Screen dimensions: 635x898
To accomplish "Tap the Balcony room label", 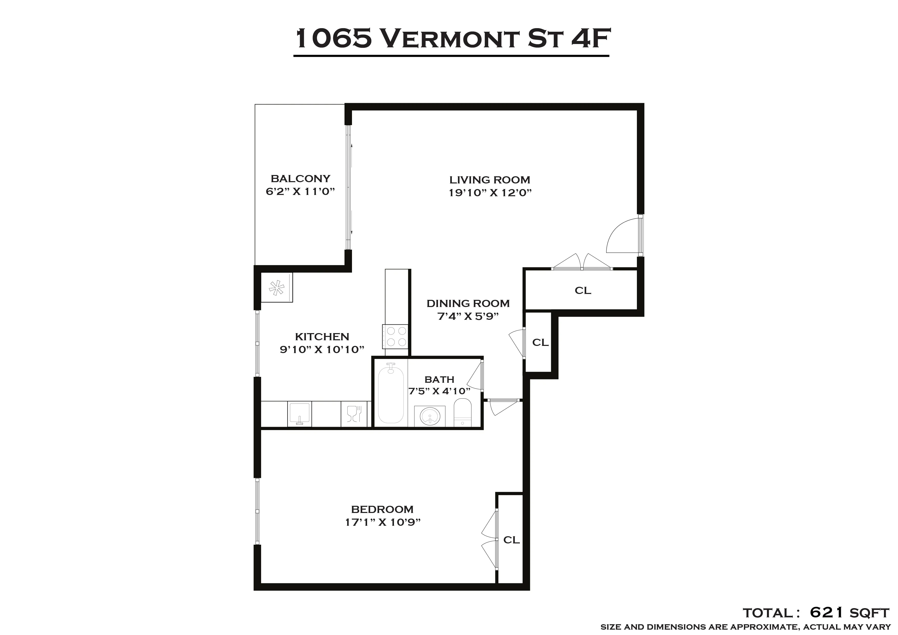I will (x=300, y=179).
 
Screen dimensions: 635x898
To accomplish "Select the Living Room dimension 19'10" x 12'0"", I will (x=490, y=193).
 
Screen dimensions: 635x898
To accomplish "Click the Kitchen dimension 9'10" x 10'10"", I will (x=322, y=349).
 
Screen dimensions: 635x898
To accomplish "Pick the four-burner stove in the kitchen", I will (x=396, y=337).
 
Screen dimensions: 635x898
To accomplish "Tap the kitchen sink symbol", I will (x=300, y=414).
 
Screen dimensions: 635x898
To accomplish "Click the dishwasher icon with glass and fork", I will (x=354, y=414).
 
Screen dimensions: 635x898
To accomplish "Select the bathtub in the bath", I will (x=391, y=393).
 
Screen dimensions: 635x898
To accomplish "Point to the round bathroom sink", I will (x=430, y=416).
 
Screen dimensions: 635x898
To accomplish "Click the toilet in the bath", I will (x=463, y=412).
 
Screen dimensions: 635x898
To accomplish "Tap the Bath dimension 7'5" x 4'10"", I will (x=439, y=391).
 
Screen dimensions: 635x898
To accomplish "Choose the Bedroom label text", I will (x=382, y=509).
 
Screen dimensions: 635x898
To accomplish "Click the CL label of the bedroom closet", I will (x=511, y=540).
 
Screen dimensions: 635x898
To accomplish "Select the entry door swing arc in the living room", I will (x=622, y=236).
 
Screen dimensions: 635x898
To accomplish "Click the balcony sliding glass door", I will (x=348, y=188).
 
